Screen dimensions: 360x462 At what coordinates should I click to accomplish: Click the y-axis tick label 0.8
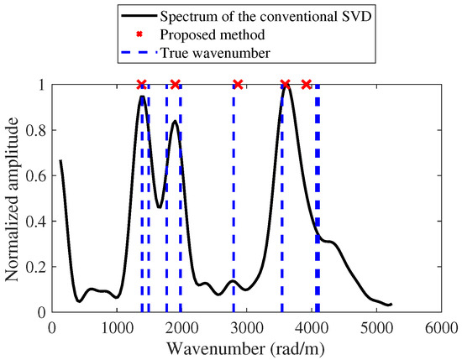(x=38, y=130)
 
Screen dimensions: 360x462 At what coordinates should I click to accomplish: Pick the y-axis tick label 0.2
(x=38, y=267)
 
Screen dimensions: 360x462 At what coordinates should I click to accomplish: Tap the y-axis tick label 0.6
(x=38, y=175)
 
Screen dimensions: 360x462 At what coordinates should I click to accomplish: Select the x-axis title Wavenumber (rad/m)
(x=248, y=346)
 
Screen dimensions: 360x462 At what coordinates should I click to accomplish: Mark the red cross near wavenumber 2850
(x=238, y=85)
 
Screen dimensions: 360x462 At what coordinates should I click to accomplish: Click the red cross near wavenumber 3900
(x=307, y=85)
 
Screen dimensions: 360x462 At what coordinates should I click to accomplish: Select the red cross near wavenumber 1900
(x=175, y=85)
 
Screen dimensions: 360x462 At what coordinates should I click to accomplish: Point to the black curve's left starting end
(x=60, y=160)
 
